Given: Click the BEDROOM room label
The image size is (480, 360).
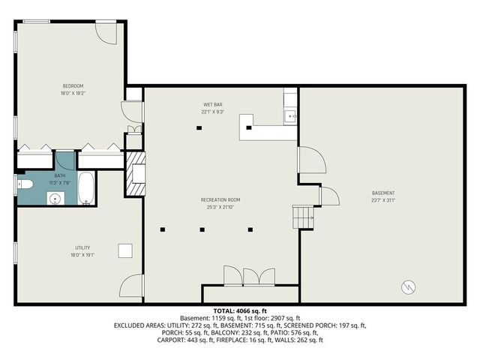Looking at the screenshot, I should (72, 85).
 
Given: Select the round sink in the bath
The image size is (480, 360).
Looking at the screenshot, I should (54, 198).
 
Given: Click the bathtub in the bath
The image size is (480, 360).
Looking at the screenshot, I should (86, 188).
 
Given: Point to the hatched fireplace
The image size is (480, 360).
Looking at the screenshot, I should (135, 174).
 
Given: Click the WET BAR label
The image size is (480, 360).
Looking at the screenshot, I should (213, 104).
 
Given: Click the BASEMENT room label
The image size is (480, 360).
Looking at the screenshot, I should (382, 193).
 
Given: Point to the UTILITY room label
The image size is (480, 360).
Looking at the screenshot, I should (82, 247).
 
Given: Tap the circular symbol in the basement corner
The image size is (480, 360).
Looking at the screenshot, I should (407, 286).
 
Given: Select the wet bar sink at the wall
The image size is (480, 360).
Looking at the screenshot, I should (291, 116).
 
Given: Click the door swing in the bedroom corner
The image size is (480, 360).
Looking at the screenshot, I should (106, 31).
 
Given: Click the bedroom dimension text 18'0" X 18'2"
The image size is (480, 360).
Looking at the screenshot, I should (72, 93).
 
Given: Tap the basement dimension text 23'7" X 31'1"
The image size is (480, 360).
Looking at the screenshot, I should (382, 200).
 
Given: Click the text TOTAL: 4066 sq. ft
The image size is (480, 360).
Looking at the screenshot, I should (240, 310).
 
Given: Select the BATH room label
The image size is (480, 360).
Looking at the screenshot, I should (59, 175).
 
